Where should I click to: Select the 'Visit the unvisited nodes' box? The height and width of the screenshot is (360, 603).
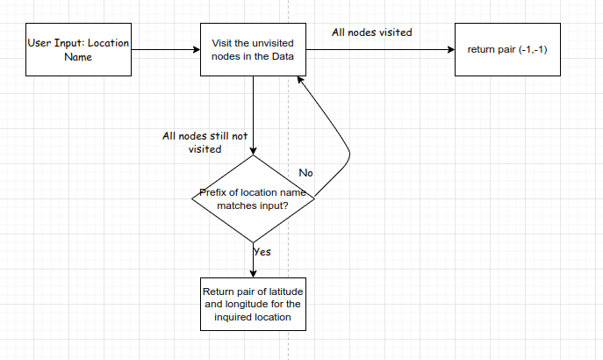[253, 50]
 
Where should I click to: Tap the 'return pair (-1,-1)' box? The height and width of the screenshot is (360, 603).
[506, 50]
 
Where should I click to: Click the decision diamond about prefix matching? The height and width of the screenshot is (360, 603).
[253, 198]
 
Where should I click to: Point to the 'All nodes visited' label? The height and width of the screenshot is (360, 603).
[372, 32]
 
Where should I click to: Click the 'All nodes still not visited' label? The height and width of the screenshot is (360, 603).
[204, 142]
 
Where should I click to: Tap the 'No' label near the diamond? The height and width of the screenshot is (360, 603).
[305, 172]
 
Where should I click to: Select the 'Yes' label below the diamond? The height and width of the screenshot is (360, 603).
[262, 251]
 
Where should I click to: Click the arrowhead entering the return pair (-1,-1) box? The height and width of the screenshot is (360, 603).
[449, 50]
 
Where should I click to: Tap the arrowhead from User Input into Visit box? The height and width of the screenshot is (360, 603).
[196, 50]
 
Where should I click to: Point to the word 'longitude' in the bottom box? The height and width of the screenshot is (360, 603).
[244, 305]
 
